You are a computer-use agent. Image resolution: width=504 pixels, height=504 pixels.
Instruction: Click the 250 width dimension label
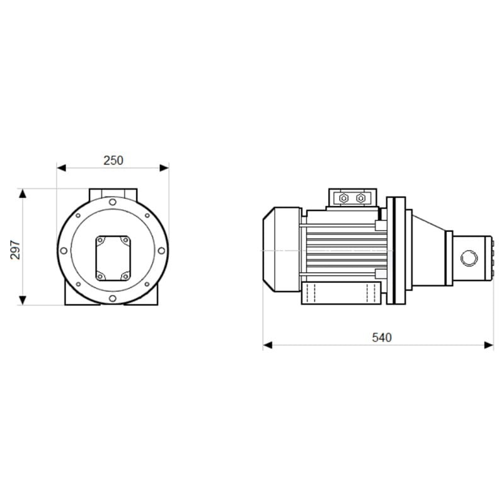click(x=113, y=161)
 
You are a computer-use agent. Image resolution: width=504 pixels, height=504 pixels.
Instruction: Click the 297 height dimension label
click(x=15, y=249)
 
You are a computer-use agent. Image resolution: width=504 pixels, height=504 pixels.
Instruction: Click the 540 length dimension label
click(x=382, y=338)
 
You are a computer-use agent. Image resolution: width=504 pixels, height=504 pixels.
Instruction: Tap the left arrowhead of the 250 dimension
click(x=61, y=168)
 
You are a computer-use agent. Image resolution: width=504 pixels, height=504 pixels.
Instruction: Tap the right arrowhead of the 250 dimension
click(x=164, y=168)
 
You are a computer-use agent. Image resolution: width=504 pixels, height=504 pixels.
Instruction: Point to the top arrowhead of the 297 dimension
click(x=22, y=193)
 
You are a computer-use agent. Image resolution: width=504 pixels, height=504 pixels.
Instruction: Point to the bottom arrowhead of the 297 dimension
click(x=22, y=301)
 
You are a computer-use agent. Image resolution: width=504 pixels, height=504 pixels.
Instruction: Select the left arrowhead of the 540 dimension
click(x=268, y=345)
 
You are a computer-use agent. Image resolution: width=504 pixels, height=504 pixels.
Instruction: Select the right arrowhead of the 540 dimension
click(x=489, y=345)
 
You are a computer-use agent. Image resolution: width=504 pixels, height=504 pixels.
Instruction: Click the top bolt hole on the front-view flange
click(x=113, y=202)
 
